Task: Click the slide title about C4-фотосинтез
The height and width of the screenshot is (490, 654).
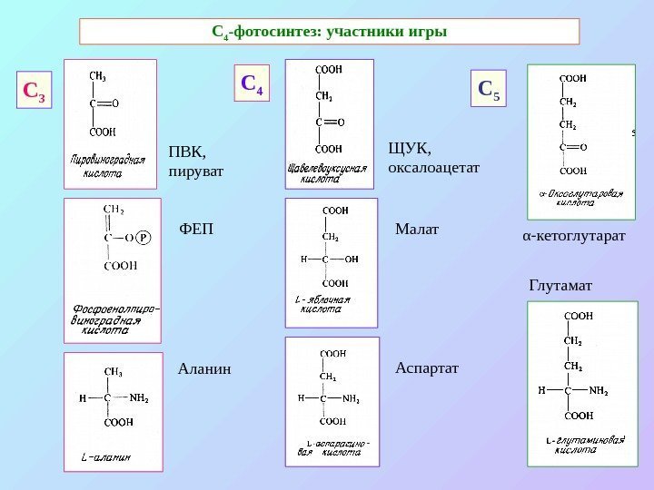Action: [x=329, y=33]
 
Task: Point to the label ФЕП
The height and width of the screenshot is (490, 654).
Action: [x=196, y=229]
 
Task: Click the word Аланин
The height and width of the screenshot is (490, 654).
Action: [x=205, y=369]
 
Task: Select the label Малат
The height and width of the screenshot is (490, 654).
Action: [x=416, y=229]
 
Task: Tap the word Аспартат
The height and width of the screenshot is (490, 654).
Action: [x=428, y=369]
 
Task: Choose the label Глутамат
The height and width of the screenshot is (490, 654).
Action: [x=560, y=286]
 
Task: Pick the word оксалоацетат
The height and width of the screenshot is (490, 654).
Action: [x=433, y=168]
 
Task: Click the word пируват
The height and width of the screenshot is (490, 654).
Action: [x=196, y=170]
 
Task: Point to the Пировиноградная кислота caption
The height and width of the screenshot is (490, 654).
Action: [x=108, y=165]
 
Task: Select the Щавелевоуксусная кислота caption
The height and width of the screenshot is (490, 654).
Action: [x=327, y=173]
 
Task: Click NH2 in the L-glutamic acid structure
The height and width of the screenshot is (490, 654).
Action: [x=598, y=391]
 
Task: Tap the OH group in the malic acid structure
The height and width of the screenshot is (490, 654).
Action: [x=351, y=259]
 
